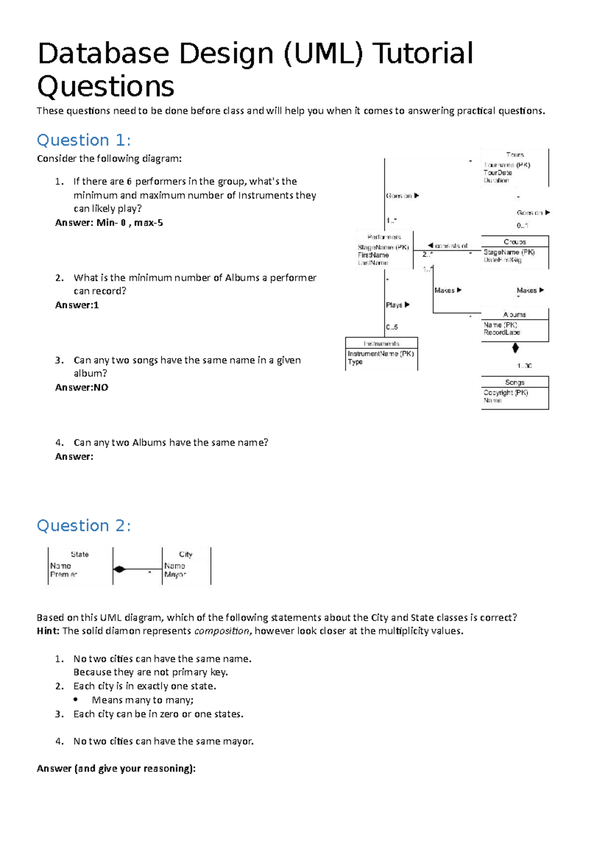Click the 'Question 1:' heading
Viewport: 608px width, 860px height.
point(84,140)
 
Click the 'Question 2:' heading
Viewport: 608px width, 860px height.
point(84,526)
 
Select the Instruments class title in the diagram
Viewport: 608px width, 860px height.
point(381,343)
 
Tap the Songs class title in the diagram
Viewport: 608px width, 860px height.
point(514,382)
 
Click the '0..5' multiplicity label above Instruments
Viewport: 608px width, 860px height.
point(392,327)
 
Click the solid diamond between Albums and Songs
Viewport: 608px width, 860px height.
point(515,348)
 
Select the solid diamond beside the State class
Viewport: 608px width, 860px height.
point(120,569)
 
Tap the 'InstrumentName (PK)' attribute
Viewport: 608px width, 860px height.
point(381,354)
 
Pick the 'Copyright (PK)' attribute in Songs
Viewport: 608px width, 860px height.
point(505,393)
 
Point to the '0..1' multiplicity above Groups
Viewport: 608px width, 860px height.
point(522,225)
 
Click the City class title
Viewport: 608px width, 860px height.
point(185,555)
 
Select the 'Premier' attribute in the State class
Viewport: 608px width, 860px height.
point(63,574)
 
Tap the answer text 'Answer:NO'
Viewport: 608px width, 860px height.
point(82,387)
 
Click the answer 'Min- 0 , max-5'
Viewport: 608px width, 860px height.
point(129,223)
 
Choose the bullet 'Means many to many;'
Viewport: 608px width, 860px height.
point(142,700)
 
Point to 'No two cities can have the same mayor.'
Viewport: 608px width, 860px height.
point(163,741)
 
